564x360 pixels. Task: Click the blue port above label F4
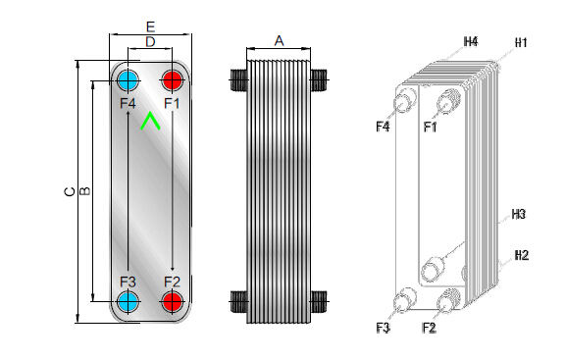point(128,80)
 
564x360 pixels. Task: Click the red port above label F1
point(172,80)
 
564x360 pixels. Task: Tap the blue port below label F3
point(128,301)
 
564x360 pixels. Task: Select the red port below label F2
point(172,301)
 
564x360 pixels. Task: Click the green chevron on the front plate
point(150,121)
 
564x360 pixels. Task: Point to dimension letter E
point(150,26)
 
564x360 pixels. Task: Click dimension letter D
point(150,42)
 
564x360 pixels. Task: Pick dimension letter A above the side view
point(279,40)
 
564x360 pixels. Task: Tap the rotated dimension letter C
point(70,191)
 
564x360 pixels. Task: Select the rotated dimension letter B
point(84,191)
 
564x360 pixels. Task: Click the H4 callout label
point(471,42)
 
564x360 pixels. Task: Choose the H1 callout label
point(521,43)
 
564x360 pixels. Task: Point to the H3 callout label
point(518,215)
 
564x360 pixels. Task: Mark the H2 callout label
point(522,255)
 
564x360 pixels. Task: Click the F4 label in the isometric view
point(383,127)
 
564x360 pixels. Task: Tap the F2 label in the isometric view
point(429,328)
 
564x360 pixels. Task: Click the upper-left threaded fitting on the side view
point(238,79)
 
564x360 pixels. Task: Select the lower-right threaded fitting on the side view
point(319,301)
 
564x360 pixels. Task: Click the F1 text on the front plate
point(172,104)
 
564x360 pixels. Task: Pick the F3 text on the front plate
point(128,282)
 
